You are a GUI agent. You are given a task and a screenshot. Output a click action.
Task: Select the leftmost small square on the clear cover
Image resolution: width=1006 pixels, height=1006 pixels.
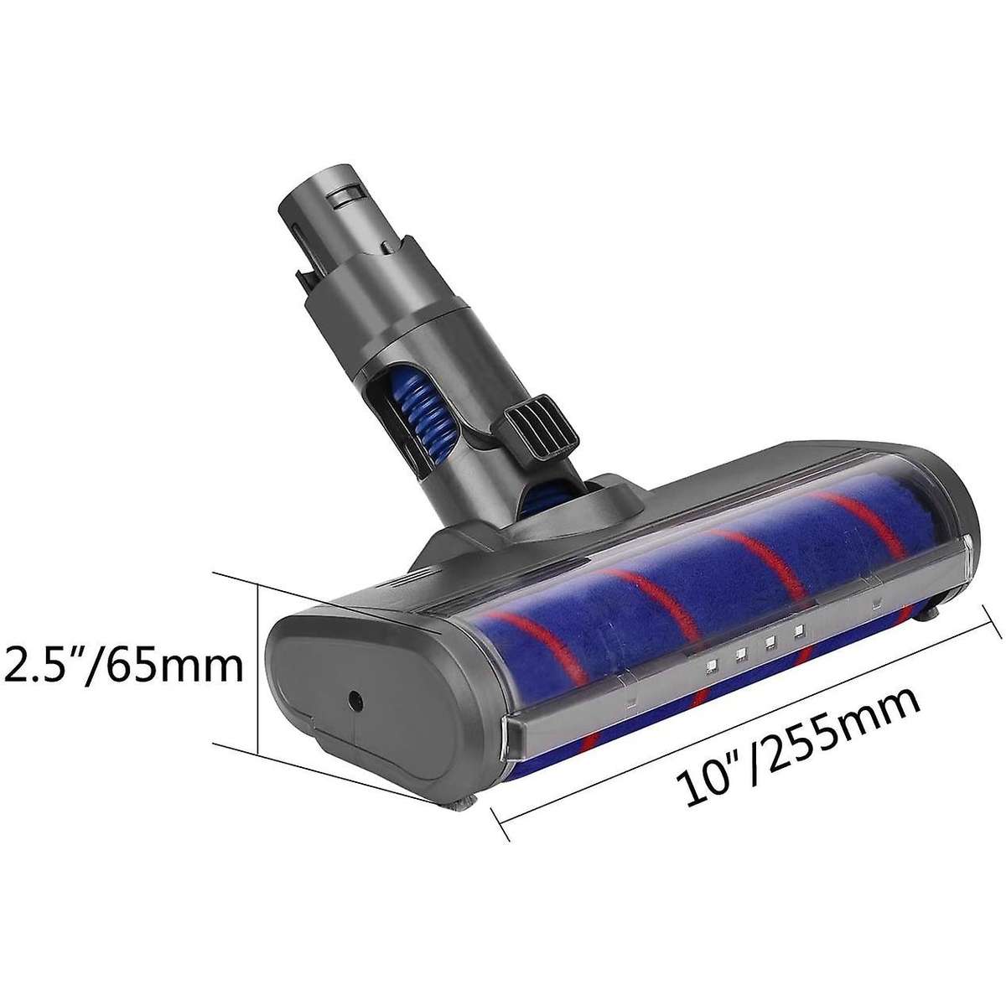click(711, 666)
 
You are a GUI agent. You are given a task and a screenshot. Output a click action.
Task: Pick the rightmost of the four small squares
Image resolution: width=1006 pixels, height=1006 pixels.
click(798, 629)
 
